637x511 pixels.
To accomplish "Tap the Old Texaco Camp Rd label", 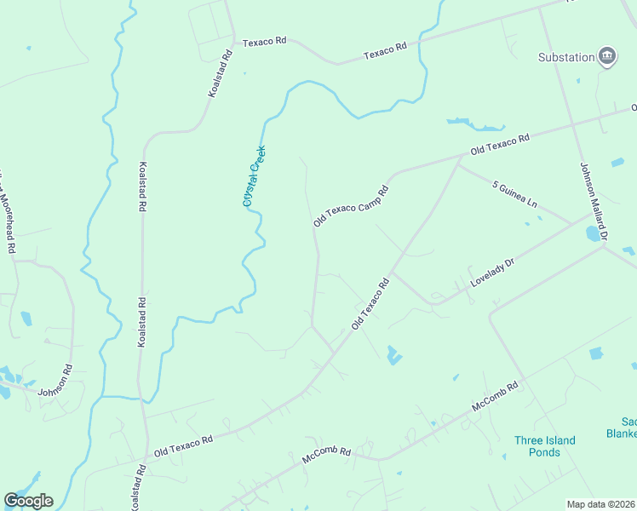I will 351,205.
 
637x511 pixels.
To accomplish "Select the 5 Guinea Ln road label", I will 515,192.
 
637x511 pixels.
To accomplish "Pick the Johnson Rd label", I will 56,381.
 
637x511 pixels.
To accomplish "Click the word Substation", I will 565,57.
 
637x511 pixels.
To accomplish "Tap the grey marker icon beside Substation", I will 607,56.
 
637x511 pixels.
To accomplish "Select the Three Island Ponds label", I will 544,446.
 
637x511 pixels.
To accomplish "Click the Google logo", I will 28,501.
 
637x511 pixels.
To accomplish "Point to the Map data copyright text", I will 601,504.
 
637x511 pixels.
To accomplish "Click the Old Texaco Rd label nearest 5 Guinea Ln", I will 501,143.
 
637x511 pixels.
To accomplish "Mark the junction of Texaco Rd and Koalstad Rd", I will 234,38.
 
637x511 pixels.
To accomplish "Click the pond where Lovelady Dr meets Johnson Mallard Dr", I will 592,233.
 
